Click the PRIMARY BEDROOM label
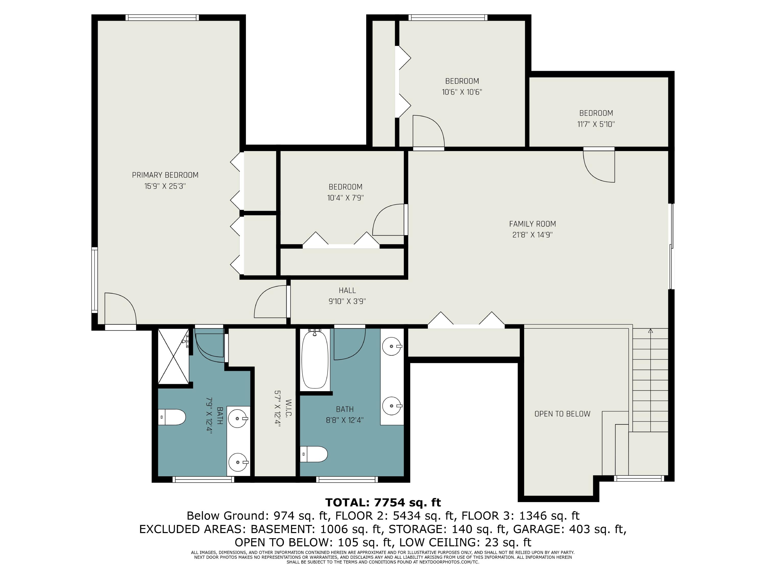tap(165, 175)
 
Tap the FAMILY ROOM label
tap(532, 224)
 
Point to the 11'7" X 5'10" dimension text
tap(596, 124)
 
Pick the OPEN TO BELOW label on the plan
tap(562, 414)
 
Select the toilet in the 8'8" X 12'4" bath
tap(314, 454)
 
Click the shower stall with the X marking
tap(173, 356)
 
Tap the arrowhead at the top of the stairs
tap(650, 331)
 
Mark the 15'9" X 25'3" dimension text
tap(165, 186)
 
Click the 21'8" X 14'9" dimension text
tap(532, 235)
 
